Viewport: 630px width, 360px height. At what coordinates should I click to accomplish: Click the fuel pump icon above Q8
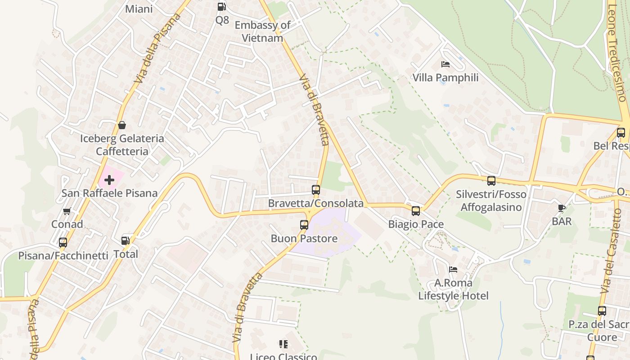(x=221, y=7)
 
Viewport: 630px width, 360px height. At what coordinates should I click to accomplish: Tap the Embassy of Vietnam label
(x=262, y=31)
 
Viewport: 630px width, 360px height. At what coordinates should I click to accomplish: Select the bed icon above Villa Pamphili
(x=445, y=64)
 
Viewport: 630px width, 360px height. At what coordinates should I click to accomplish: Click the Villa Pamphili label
(x=445, y=78)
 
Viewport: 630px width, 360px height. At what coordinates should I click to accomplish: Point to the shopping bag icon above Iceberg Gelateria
(x=121, y=125)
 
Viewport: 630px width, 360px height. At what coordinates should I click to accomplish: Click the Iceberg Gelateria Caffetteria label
(x=122, y=145)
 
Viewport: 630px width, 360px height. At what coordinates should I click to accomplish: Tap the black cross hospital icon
(x=109, y=180)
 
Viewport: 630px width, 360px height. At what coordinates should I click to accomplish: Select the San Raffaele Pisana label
(x=109, y=193)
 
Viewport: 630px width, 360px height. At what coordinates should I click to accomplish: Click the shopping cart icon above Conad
(x=67, y=211)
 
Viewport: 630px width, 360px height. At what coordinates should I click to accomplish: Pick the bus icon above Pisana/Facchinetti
(x=63, y=243)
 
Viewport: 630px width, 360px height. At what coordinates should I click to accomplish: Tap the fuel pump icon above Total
(x=126, y=241)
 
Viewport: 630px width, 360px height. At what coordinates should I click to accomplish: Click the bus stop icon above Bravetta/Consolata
(x=316, y=190)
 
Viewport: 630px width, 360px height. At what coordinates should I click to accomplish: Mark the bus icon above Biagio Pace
(x=416, y=211)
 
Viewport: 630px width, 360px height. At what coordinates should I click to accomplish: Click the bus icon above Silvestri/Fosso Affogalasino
(x=491, y=181)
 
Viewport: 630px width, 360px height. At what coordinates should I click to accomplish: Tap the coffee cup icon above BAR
(x=562, y=208)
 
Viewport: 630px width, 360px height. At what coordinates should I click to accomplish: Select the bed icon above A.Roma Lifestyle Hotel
(x=453, y=270)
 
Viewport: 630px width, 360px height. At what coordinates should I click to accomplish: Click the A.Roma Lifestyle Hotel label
(x=453, y=289)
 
